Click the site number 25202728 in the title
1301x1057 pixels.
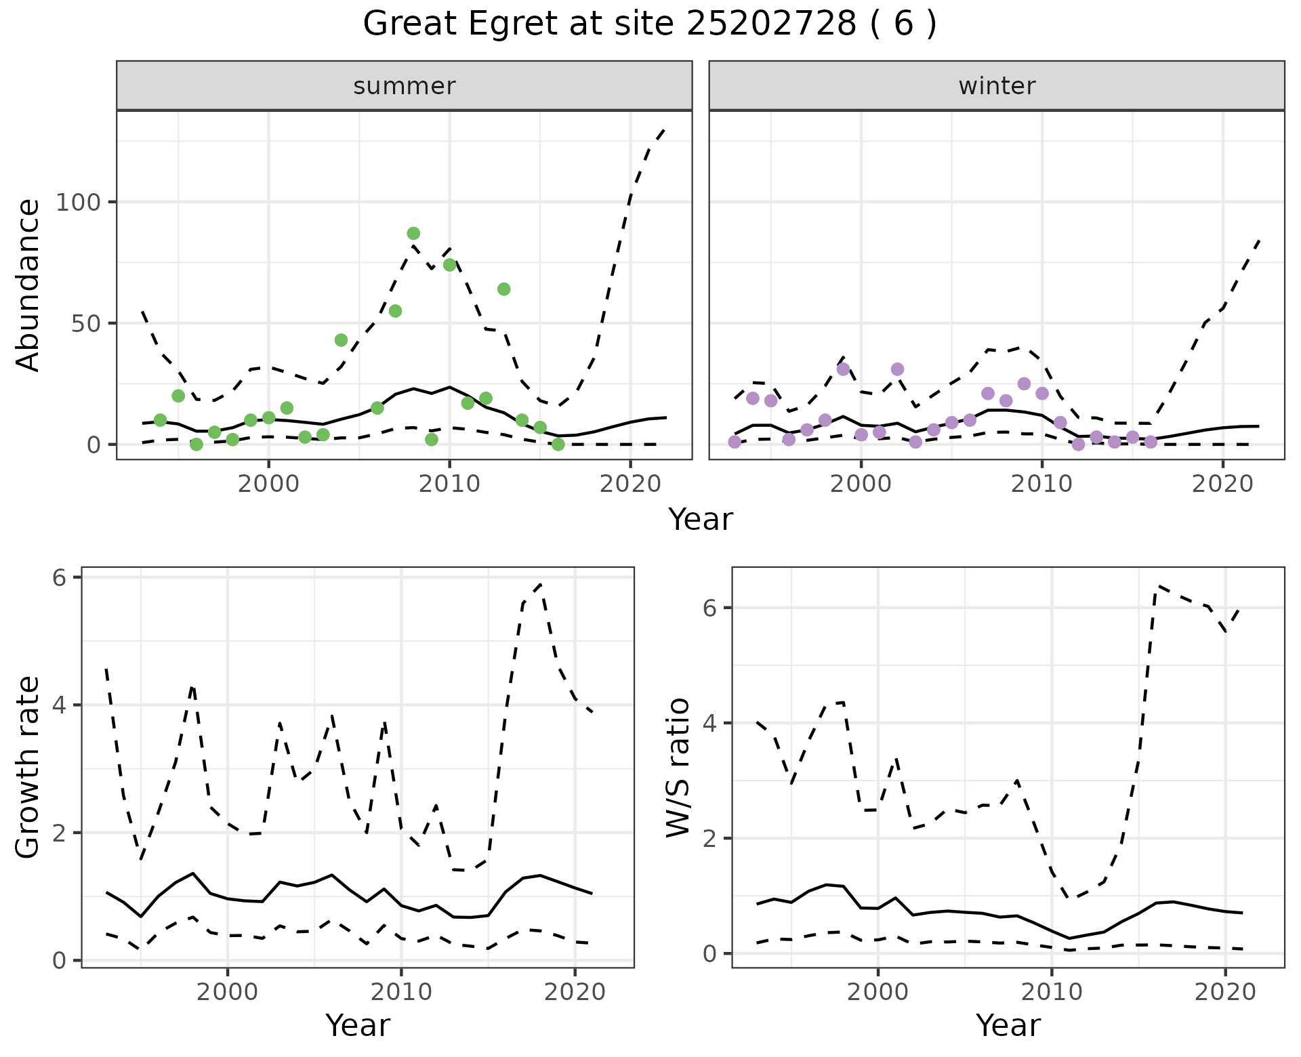point(772,24)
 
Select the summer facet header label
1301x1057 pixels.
point(405,86)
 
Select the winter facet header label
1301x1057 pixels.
point(997,86)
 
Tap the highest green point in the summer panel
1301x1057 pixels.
point(413,234)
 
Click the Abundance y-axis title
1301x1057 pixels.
point(28,285)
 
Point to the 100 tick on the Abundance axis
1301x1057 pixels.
point(79,202)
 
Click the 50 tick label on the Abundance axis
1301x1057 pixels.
point(87,323)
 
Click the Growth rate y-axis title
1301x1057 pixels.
point(28,767)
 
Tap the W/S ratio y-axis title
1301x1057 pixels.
point(678,767)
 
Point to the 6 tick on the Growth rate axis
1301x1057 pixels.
point(59,577)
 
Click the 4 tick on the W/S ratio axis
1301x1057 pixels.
point(709,723)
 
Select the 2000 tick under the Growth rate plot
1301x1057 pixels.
point(228,992)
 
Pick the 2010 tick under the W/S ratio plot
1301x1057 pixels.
point(1052,992)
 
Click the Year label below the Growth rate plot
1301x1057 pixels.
point(358,1026)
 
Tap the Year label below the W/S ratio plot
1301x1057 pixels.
point(1008,1026)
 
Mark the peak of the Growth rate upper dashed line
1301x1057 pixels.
point(541,583)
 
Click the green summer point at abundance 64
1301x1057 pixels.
point(503,289)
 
